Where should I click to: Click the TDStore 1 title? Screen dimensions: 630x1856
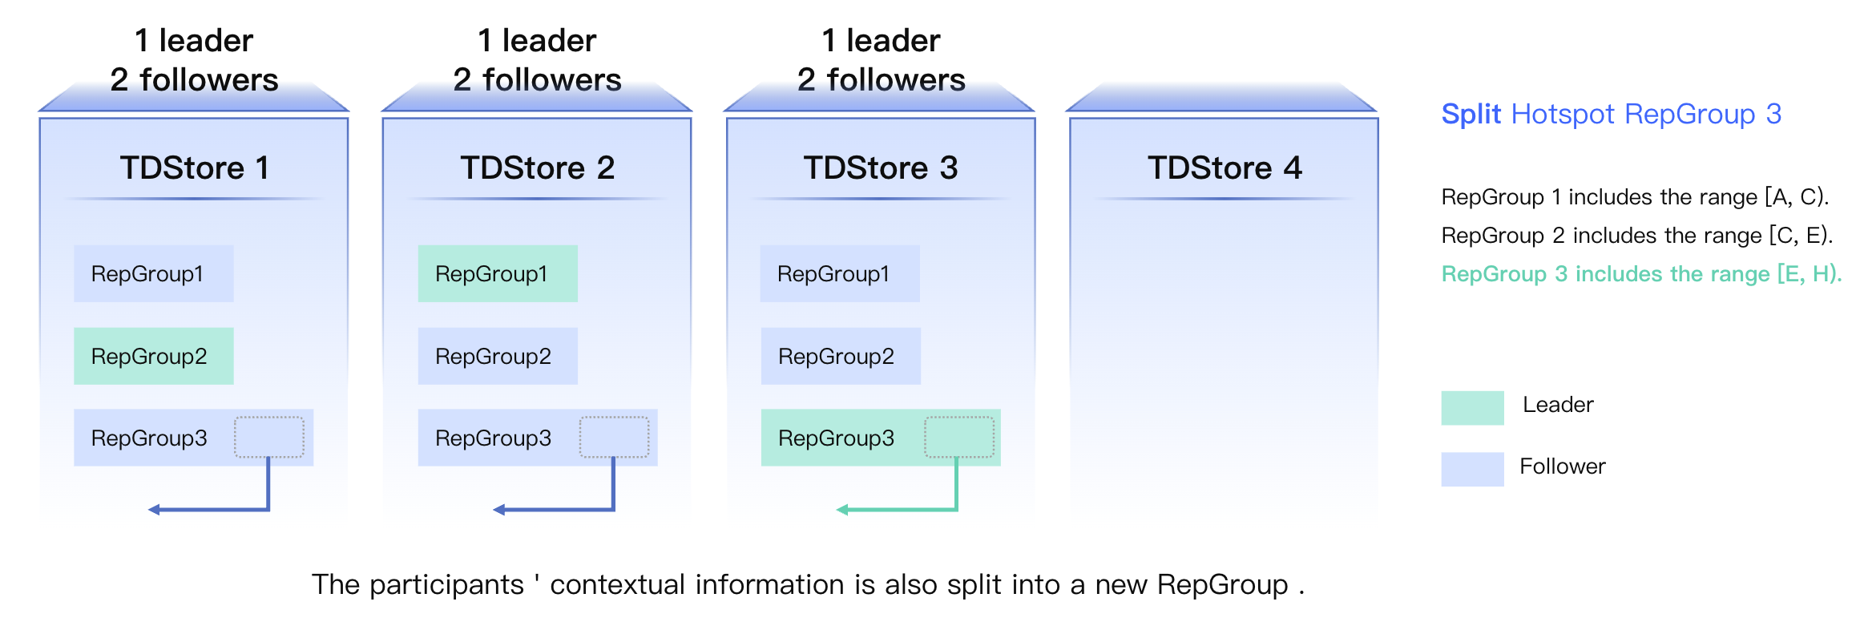click(194, 168)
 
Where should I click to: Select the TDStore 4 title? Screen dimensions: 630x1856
click(1224, 168)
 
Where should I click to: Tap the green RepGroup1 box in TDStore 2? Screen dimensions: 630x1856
click(497, 273)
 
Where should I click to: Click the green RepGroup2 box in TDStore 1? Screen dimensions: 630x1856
click(153, 356)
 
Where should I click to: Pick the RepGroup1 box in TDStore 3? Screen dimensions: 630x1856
click(839, 273)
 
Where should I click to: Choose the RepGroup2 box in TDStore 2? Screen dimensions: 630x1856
click(497, 356)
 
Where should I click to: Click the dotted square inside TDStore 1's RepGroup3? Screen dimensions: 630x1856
click(268, 437)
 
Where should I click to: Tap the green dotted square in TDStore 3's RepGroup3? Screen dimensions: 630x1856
click(958, 437)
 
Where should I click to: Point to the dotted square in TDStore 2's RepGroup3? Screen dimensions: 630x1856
click(614, 437)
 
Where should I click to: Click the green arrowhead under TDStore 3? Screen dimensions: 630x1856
click(842, 510)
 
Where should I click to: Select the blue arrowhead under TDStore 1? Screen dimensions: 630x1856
click(154, 510)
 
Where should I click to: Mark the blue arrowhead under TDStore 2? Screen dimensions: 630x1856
click(498, 510)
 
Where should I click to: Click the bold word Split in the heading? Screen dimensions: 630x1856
click(1470, 114)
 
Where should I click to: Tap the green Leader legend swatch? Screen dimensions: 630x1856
click(1471, 407)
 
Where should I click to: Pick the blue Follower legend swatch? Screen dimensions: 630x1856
click(1471, 469)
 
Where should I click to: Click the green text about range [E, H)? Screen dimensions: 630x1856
click(1640, 274)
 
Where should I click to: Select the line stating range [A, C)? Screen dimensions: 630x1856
click(1634, 197)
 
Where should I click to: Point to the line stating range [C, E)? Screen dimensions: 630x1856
click(1636, 236)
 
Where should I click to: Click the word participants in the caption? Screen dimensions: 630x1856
click(446, 585)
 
